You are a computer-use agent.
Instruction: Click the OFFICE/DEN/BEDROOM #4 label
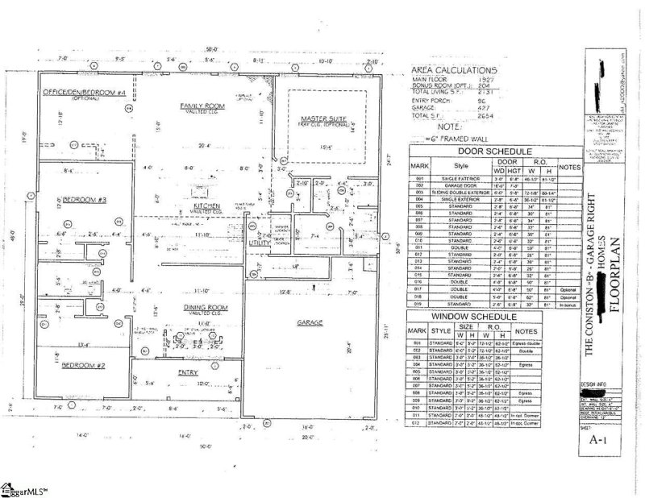[83, 93]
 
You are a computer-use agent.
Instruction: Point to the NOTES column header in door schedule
[569, 167]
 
